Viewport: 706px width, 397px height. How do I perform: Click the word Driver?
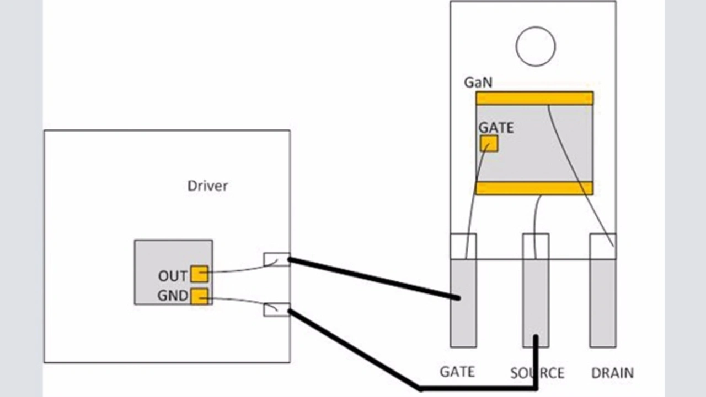coord(207,186)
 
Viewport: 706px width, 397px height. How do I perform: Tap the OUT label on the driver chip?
coord(173,275)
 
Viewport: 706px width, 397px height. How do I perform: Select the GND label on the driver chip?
coord(173,296)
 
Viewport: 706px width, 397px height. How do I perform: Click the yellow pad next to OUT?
coord(199,274)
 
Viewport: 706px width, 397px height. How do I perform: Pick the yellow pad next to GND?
coord(199,296)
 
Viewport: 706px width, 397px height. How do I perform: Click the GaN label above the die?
coord(478,83)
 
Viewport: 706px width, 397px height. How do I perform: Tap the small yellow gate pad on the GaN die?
coord(489,143)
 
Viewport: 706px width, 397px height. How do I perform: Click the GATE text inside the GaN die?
coord(496,128)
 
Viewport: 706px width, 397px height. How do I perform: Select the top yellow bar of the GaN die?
coord(534,98)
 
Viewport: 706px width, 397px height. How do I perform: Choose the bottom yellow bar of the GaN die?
coord(534,188)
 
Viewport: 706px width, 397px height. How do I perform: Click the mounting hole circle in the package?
coord(535,46)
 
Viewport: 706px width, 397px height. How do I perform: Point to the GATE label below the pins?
coord(457,372)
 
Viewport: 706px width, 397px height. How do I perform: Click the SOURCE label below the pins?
coord(537,373)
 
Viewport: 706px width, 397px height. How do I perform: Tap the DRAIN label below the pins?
coord(612,373)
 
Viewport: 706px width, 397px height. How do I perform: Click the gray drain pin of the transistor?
coord(602,303)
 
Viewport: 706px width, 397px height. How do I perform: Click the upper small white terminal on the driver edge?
coord(276,259)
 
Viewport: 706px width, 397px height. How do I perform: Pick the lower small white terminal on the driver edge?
coord(276,309)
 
